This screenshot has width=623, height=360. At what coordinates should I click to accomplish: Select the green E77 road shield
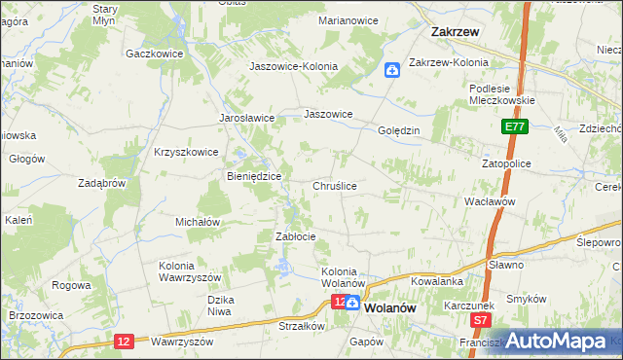click(515, 126)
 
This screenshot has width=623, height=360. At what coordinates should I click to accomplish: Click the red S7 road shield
click(479, 319)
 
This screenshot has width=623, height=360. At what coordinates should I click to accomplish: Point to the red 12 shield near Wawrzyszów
click(123, 341)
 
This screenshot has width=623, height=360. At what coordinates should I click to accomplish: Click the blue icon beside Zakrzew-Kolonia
click(391, 69)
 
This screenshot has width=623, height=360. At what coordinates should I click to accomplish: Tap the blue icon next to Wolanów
click(356, 304)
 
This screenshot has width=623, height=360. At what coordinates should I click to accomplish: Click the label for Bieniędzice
click(254, 176)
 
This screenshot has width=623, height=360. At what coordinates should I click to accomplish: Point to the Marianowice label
click(347, 20)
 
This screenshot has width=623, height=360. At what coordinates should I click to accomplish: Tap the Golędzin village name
click(397, 130)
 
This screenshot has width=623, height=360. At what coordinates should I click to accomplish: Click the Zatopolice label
click(506, 163)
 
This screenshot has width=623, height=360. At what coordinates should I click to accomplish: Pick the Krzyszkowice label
click(186, 152)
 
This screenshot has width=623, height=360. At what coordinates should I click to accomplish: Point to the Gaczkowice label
click(155, 54)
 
